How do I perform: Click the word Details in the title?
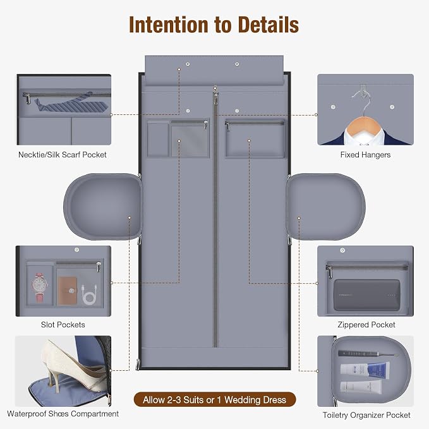269,25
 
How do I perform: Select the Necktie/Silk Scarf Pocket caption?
63,155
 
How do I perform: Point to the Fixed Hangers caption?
365,155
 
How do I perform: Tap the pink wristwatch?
40,287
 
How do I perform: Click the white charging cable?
89,294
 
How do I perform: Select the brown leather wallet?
68,290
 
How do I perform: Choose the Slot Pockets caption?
63,325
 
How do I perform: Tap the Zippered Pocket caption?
366,325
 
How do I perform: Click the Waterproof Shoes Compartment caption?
63,414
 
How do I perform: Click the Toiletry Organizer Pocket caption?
366,415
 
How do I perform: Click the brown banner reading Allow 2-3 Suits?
215,400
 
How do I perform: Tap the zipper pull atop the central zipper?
215,98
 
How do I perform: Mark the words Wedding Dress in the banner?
255,400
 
